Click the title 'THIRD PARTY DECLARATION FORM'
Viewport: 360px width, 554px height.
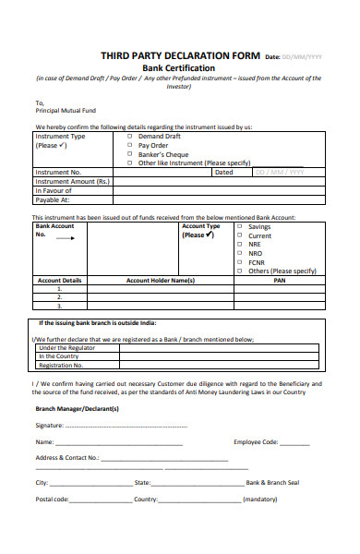click(x=180, y=56)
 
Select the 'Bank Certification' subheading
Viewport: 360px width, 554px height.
click(x=179, y=68)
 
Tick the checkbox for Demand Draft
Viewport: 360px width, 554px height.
click(x=128, y=136)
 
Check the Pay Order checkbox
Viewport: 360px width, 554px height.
click(x=128, y=145)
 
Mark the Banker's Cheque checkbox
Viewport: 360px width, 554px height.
click(x=128, y=154)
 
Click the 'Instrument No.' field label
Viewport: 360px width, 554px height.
click(x=58, y=172)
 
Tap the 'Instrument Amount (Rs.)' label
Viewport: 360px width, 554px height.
click(x=71, y=181)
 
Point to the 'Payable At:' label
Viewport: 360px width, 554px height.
click(x=52, y=199)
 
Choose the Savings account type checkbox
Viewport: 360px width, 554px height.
click(x=240, y=226)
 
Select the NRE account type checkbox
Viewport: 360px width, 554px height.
click(x=240, y=245)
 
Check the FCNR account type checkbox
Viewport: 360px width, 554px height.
click(x=240, y=262)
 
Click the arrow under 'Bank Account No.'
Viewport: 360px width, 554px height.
click(x=65, y=237)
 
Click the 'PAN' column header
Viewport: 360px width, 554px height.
click(x=280, y=280)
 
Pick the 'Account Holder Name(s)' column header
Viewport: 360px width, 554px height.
click(x=160, y=280)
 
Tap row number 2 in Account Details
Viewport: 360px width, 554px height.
click(x=59, y=297)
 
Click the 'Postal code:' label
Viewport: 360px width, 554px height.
click(x=52, y=499)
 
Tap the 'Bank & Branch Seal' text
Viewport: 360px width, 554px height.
click(x=273, y=483)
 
